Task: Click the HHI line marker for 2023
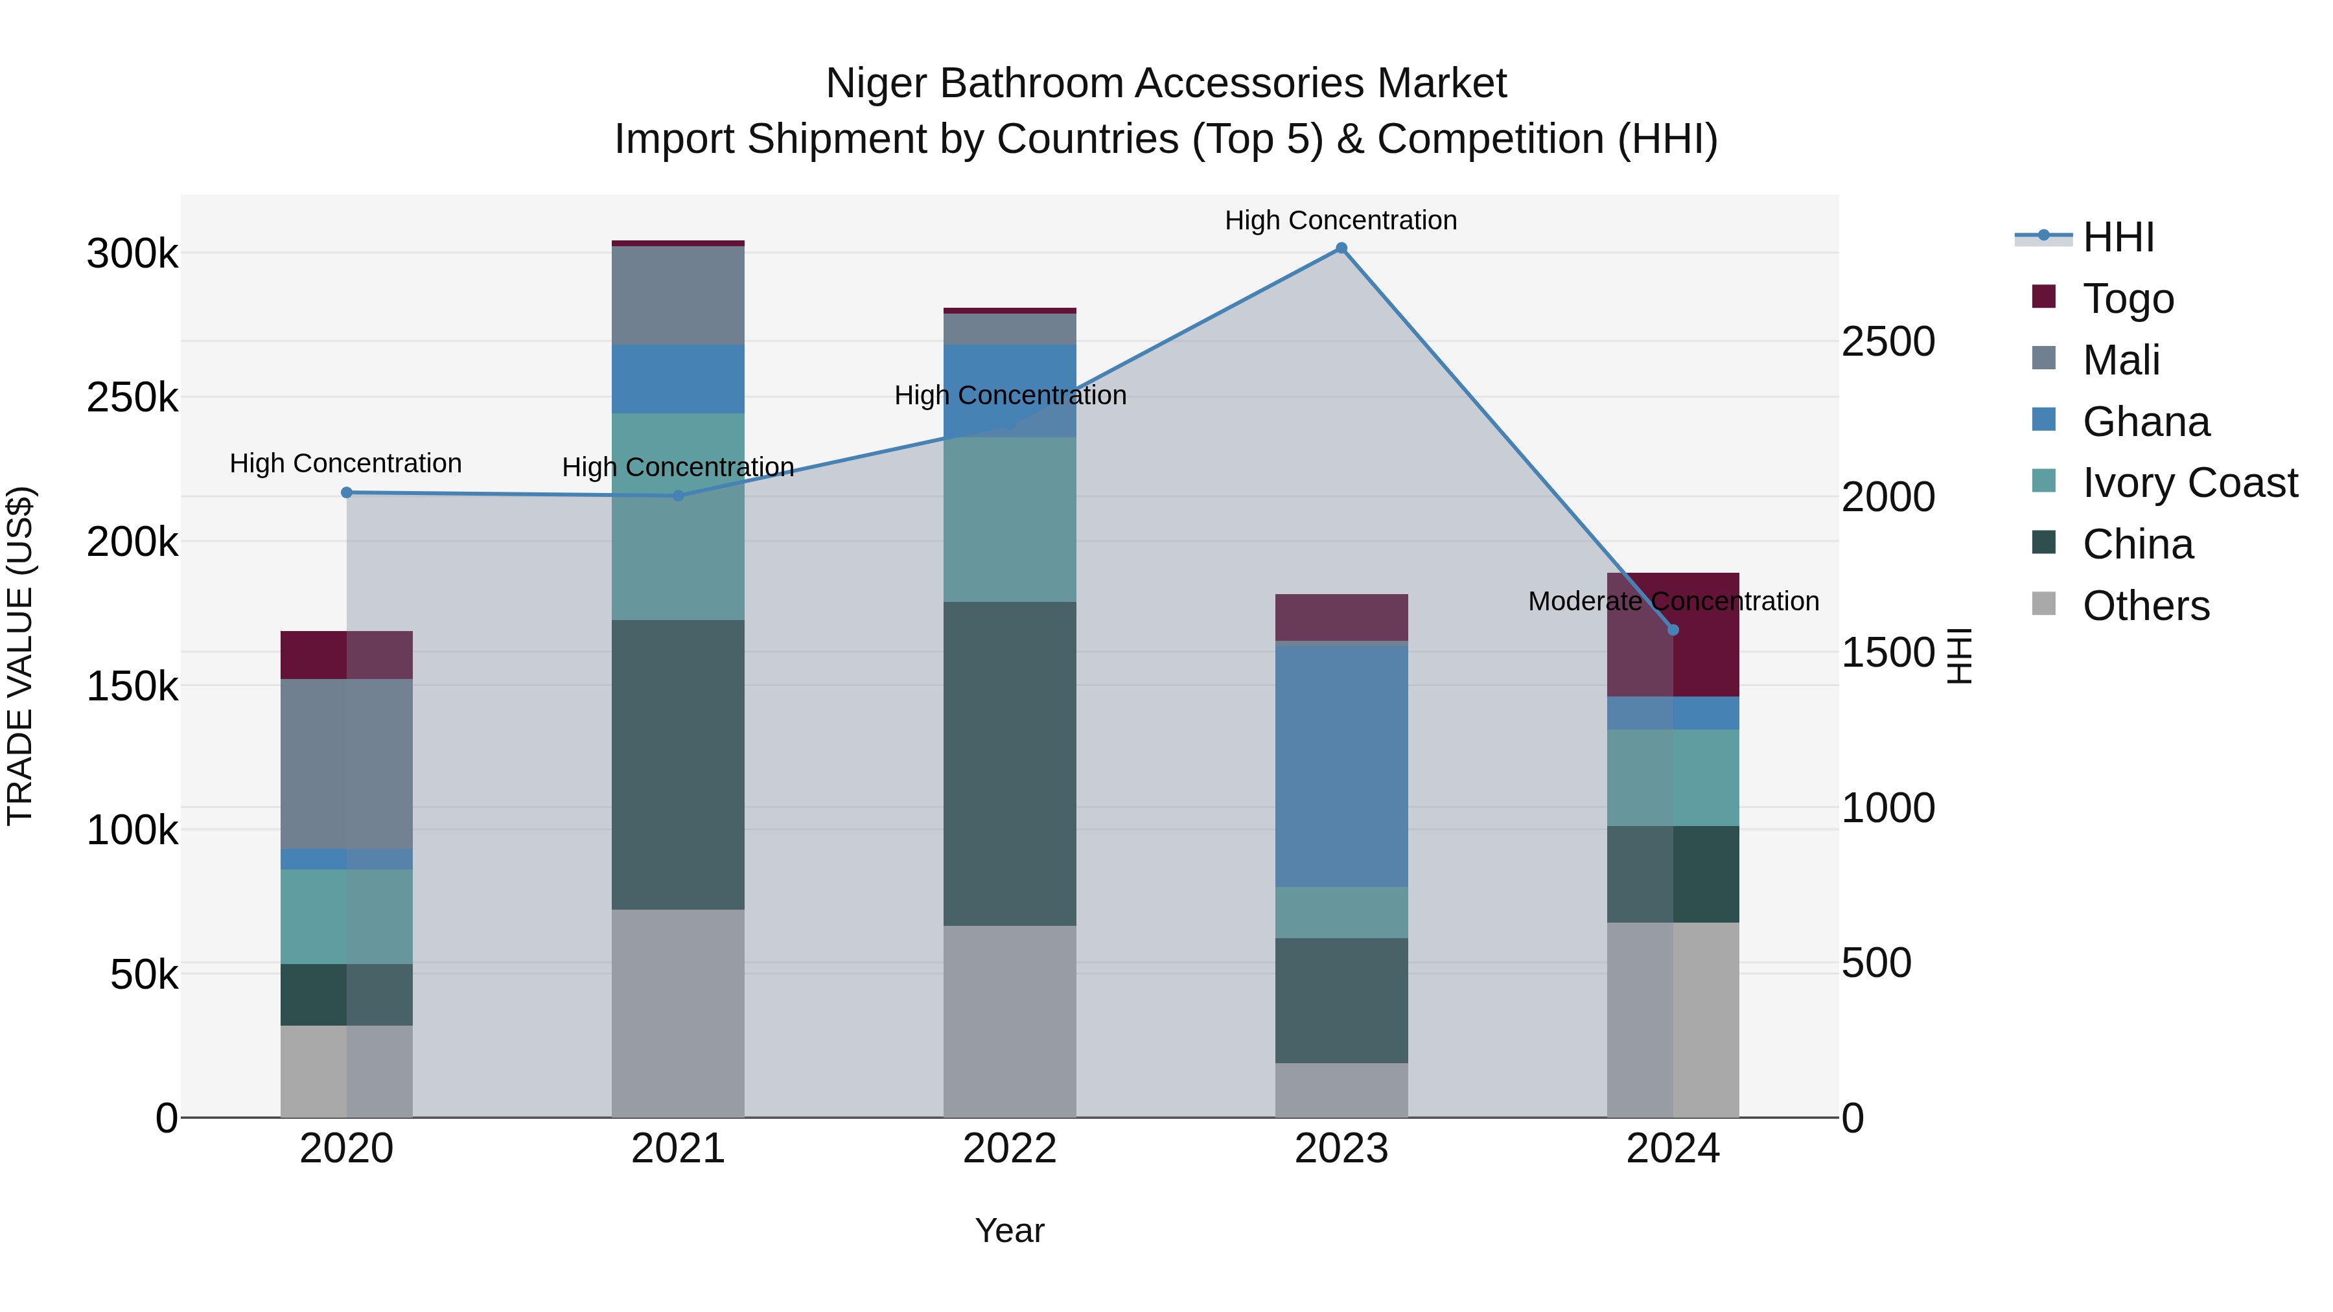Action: [x=1341, y=248]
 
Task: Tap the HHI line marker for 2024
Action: [x=1673, y=630]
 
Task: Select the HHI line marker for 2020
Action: [x=346, y=492]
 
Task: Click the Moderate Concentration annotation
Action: [x=1673, y=601]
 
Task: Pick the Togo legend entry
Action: [x=2128, y=299]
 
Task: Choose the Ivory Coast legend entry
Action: [x=2189, y=483]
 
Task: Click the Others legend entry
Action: [x=2146, y=606]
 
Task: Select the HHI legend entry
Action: [x=2117, y=237]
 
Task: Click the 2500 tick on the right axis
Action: [x=1888, y=342]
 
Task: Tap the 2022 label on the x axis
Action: [x=1009, y=1149]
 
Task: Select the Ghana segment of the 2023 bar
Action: [x=1341, y=765]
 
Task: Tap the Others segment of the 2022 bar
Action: [x=1009, y=1021]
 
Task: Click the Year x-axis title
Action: [x=1009, y=1230]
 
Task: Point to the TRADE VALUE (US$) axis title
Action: [x=20, y=656]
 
